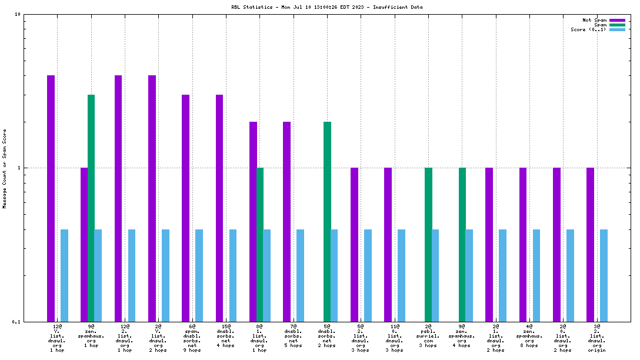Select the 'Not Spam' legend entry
pos(594,20)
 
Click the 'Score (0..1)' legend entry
pos(589,29)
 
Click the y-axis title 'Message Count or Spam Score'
pos(4,169)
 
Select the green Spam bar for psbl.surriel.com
pos(428,244)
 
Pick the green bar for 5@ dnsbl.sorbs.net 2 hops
pos(327,221)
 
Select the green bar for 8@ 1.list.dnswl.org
pos(260,244)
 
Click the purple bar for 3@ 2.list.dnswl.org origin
pos(590,244)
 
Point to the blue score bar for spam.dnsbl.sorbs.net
pos(199,275)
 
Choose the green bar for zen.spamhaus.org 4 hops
pos(462,244)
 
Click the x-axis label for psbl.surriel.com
pos(428,338)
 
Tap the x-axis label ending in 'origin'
pos(597,338)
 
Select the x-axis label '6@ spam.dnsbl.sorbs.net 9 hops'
pos(192,338)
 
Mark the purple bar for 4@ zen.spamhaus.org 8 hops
pos(523,244)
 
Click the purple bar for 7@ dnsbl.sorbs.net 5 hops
pos(286,221)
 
